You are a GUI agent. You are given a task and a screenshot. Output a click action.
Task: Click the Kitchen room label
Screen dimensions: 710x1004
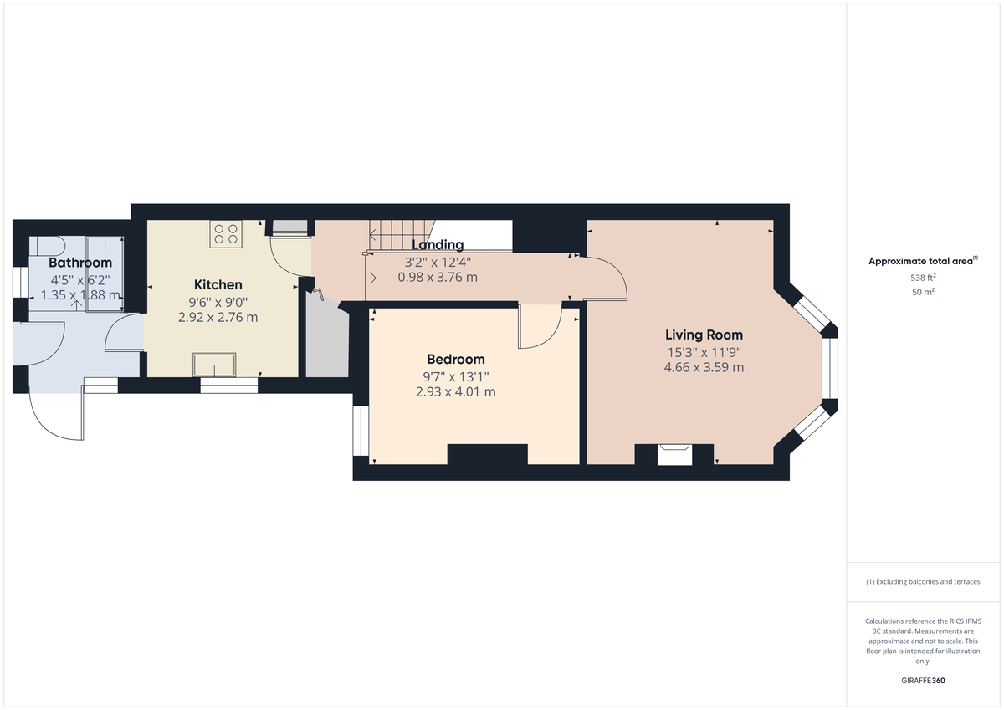point(218,285)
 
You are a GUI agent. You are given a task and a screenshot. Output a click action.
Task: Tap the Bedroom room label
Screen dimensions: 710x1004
point(455,360)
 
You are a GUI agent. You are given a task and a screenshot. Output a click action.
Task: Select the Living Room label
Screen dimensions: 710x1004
point(704,335)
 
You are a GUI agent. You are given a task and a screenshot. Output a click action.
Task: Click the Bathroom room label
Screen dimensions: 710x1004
point(79,263)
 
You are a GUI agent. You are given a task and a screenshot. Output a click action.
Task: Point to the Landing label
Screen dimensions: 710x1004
point(438,245)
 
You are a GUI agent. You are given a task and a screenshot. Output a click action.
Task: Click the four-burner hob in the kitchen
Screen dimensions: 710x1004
point(226,233)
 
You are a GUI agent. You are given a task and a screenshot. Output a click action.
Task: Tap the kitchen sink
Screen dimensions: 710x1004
point(214,365)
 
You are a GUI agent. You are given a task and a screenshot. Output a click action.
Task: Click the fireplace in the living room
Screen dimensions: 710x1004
point(674,455)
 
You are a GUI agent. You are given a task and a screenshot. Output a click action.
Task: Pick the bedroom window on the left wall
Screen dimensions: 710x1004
point(361,431)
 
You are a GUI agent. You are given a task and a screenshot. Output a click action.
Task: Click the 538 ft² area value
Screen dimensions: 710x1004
point(923,278)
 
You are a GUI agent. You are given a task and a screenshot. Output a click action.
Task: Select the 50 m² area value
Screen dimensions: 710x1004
point(923,292)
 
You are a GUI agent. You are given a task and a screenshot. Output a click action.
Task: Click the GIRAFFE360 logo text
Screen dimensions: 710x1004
point(923,681)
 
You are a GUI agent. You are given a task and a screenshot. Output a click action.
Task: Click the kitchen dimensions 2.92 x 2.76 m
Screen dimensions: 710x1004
point(218,317)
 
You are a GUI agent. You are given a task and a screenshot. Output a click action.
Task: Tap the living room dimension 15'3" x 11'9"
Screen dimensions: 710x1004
point(704,352)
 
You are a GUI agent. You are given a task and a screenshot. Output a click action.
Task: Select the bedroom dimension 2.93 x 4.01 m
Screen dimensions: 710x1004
point(455,391)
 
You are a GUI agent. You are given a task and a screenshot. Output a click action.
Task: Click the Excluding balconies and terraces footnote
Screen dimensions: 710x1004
point(923,581)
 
